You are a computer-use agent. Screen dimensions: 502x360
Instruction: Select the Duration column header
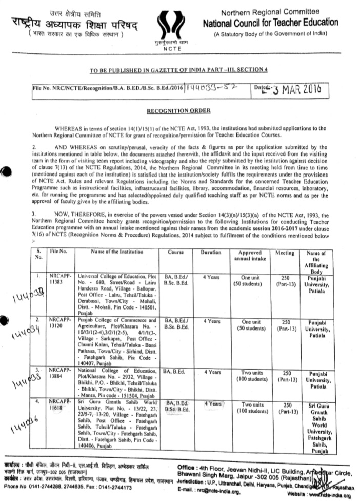click(x=211, y=253)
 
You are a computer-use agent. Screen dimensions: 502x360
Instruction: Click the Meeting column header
click(x=285, y=253)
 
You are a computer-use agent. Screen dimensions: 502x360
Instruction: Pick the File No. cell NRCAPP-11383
click(x=58, y=280)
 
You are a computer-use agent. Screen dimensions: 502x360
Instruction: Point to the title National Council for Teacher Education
click(x=270, y=23)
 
